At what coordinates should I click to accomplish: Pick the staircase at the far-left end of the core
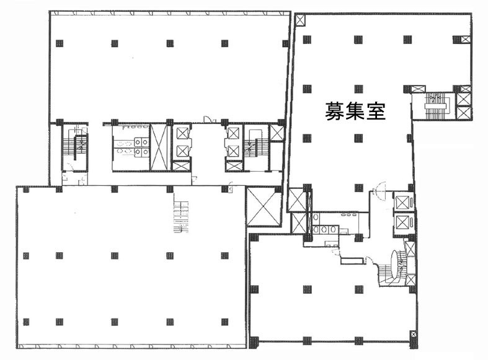76,149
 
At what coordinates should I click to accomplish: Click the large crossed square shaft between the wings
264,206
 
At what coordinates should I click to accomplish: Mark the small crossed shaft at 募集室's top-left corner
301,20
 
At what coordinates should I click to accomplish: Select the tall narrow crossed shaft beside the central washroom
159,146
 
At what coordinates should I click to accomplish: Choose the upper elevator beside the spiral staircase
402,203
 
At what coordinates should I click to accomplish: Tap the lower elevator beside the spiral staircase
402,224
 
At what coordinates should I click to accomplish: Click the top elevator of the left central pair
182,134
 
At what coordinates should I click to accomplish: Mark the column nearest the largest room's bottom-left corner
25,322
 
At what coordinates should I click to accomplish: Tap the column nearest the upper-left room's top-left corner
60,43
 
